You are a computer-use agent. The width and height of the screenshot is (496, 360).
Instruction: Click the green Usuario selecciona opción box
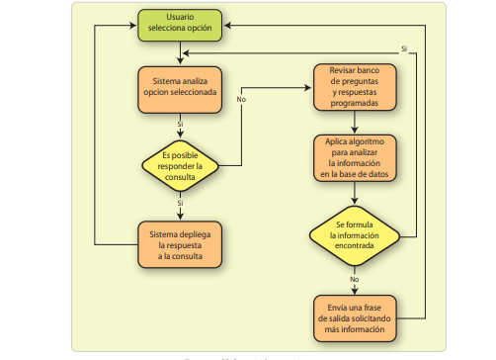(x=179, y=24)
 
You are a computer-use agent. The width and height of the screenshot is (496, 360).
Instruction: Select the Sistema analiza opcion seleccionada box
(x=179, y=86)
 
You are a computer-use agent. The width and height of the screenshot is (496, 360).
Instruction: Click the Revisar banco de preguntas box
(x=354, y=86)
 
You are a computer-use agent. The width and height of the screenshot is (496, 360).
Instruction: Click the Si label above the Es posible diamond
(x=180, y=124)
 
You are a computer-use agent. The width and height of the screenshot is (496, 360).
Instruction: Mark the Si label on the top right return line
(x=403, y=48)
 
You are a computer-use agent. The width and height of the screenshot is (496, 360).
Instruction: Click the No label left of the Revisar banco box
(x=241, y=99)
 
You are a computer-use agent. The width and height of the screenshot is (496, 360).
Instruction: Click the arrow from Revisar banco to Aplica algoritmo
(x=354, y=124)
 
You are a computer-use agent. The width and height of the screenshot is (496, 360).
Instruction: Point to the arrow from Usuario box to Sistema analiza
(x=179, y=52)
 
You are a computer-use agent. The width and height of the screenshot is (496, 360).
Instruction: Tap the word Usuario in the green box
(x=179, y=18)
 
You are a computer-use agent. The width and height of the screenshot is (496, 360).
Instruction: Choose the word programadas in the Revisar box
(x=354, y=101)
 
